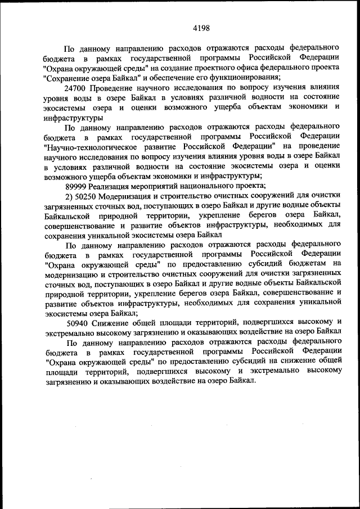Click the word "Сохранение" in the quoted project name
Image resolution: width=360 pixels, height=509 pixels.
tap(66, 77)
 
